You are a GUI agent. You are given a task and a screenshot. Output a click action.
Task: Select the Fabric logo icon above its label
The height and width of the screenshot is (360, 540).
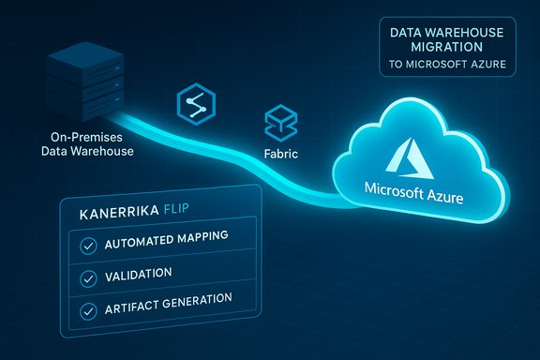pos(278,122)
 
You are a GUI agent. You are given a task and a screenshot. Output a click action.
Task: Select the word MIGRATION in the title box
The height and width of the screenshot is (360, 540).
pos(446,47)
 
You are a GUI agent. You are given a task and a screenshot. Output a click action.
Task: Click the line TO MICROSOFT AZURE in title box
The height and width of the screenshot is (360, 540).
pos(446,66)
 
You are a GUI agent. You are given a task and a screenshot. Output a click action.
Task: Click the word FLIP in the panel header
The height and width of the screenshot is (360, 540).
pos(187,212)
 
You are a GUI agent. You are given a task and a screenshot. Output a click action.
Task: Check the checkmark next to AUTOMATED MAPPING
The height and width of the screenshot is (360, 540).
pos(89,246)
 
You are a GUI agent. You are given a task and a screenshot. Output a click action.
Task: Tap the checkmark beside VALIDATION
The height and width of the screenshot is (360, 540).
pos(89,277)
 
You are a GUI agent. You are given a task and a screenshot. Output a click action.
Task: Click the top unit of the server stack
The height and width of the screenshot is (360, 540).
pos(88,59)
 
